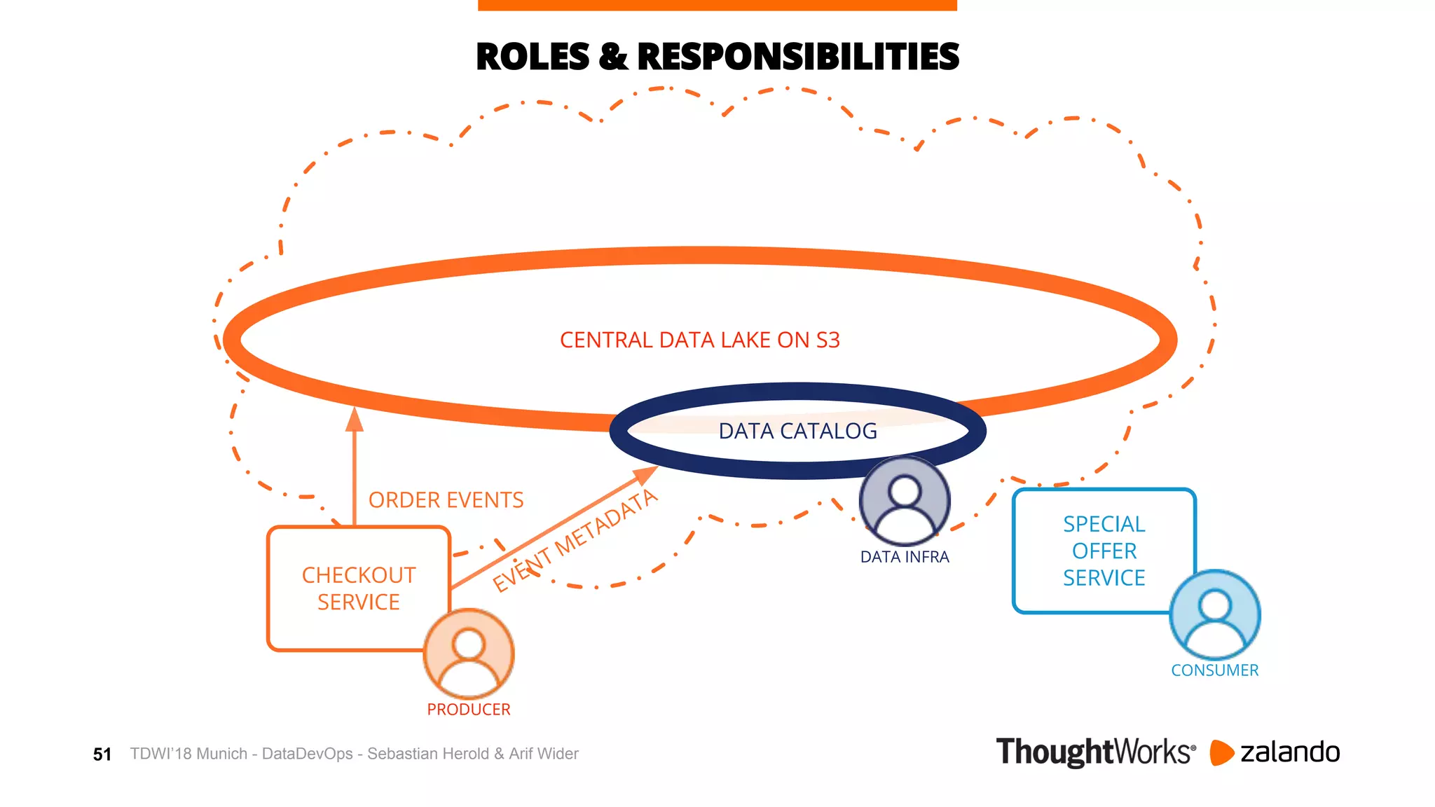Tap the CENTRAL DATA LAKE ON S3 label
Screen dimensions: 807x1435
coord(699,340)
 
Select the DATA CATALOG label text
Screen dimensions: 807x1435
coord(797,431)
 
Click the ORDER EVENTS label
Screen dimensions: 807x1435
coord(446,500)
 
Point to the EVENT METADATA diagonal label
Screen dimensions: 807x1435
coord(575,540)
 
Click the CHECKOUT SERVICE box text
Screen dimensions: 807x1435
coord(358,588)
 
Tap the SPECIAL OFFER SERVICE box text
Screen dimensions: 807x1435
coord(1104,551)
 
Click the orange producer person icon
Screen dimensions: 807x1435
coord(469,653)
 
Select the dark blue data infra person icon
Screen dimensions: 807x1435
coord(905,501)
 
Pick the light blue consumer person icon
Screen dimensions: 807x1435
coord(1215,614)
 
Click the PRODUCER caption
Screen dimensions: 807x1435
coord(469,710)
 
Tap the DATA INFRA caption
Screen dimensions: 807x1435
coord(905,557)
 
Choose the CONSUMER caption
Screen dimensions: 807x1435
coord(1214,670)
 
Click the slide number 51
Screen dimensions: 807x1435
coord(102,754)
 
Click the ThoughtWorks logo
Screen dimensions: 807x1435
coord(1095,752)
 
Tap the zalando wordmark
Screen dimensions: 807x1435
coord(1289,752)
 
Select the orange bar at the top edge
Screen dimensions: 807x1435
coord(717,5)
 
